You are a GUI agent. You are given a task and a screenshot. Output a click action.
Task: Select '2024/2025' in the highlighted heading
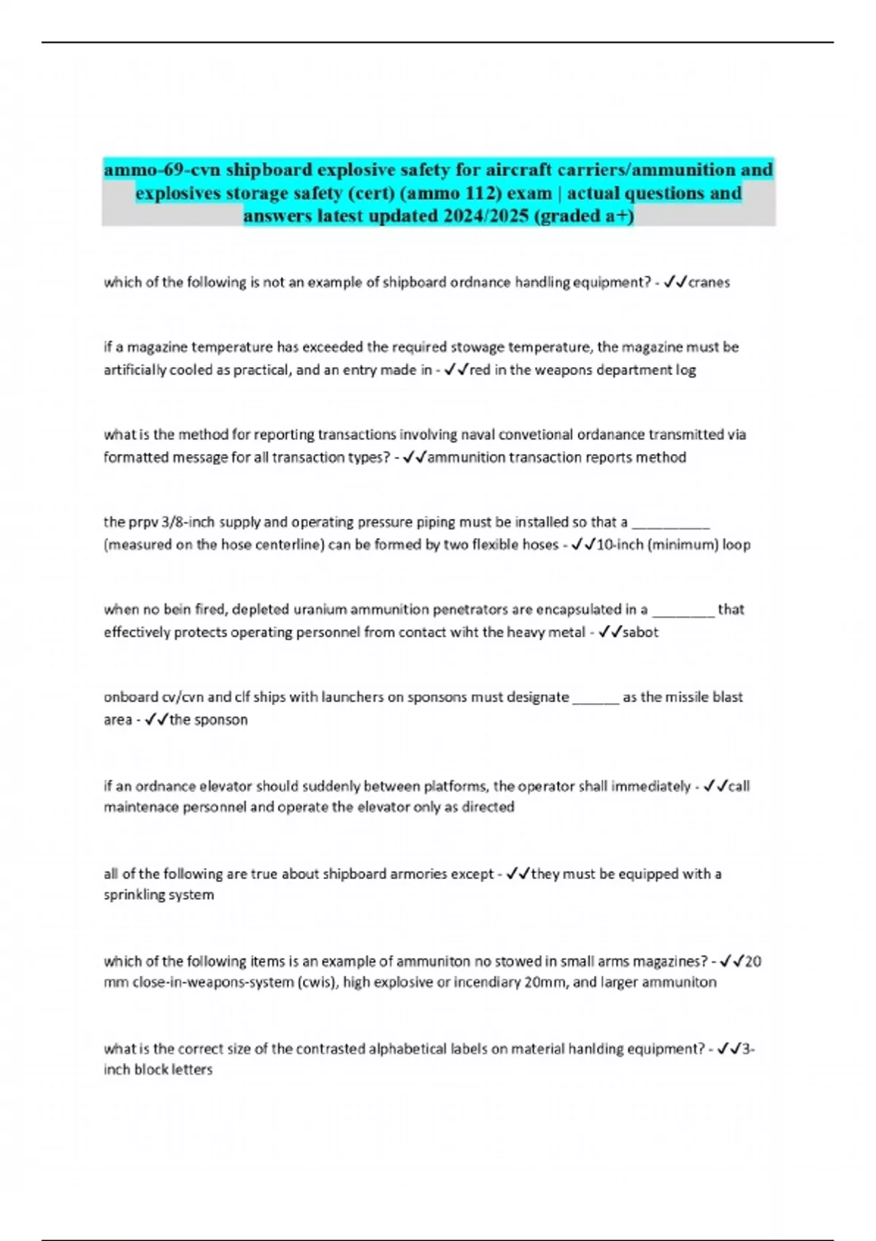pos(484,216)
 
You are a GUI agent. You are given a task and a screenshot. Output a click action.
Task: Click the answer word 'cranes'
pos(709,283)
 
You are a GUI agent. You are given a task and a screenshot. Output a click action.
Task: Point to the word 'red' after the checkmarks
pos(480,370)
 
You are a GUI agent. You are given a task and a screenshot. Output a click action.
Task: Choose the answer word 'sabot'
pos(640,632)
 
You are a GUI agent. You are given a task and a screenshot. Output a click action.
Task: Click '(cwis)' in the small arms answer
pos(317,983)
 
